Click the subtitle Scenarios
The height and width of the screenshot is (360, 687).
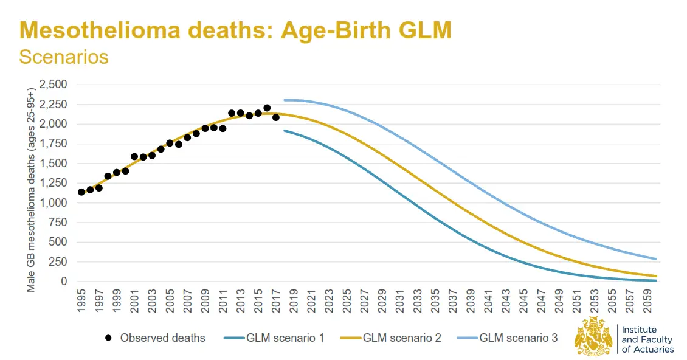[64, 57]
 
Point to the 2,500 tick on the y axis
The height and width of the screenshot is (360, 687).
[54, 85]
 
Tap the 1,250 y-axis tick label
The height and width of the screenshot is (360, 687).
[54, 183]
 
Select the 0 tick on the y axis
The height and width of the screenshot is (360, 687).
[63, 282]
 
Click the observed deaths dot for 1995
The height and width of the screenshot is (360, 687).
[81, 192]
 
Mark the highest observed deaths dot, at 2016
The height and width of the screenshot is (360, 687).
[267, 108]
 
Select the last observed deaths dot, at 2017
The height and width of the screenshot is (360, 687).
[276, 117]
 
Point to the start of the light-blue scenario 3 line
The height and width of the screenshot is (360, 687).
[285, 100]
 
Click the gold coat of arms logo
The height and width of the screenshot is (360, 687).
[593, 336]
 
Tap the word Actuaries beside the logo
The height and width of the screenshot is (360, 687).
[653, 350]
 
